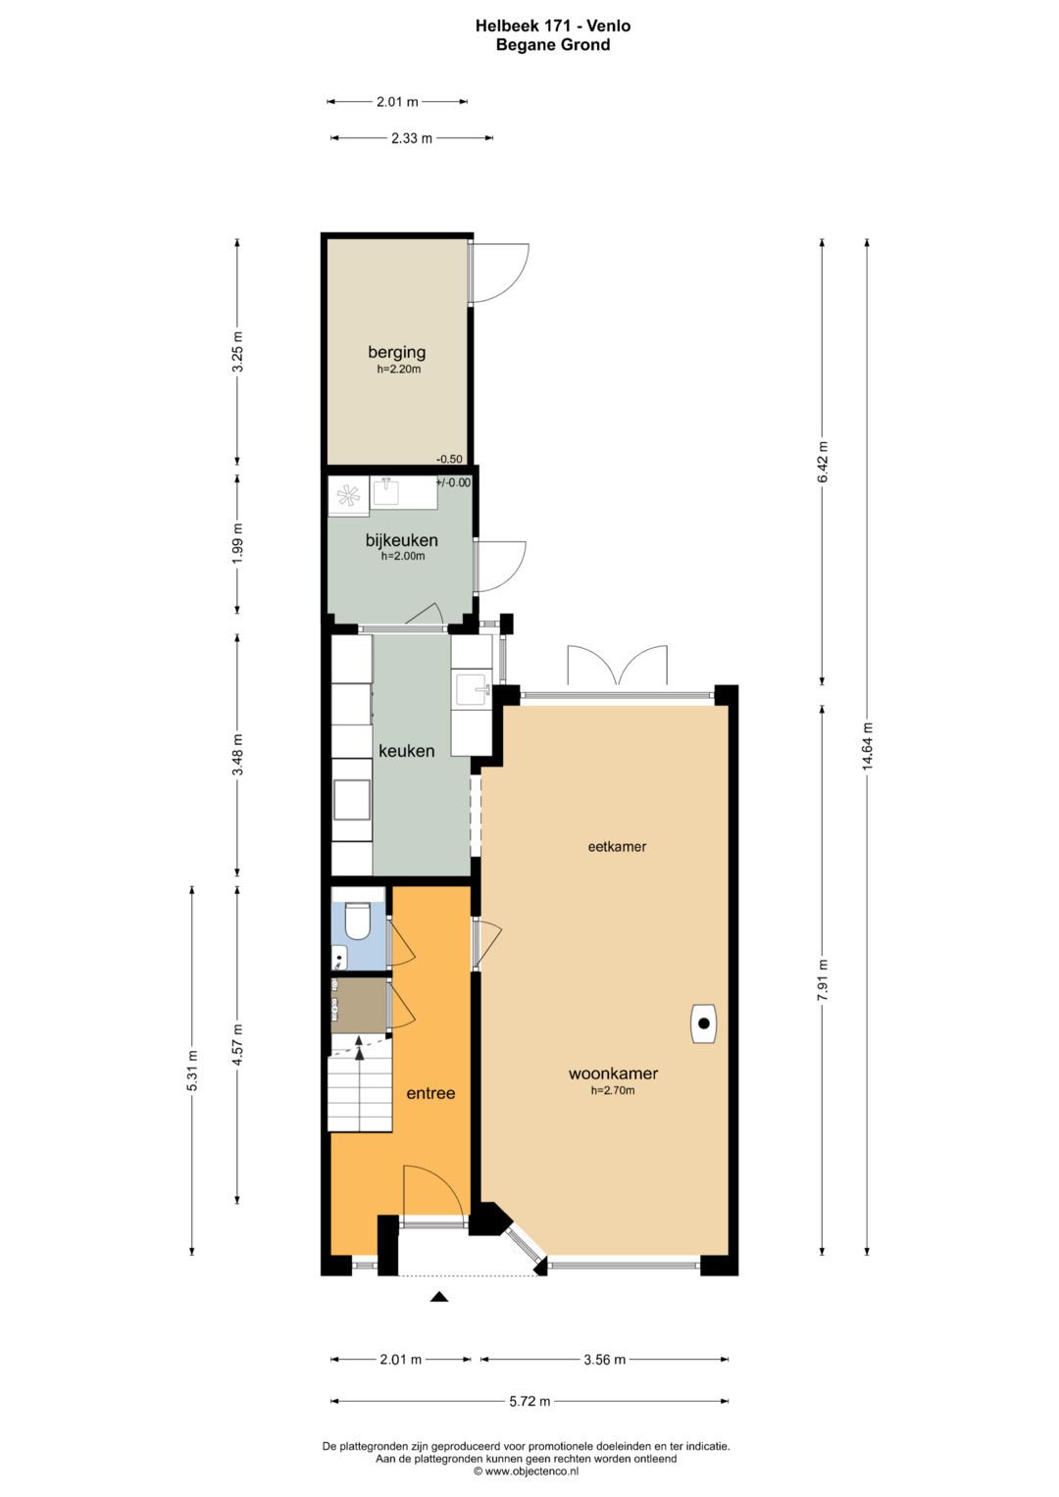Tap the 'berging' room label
click(x=396, y=352)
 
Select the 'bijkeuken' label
click(x=402, y=540)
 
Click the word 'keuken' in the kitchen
click(x=407, y=751)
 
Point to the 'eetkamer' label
click(x=617, y=847)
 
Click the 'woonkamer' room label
click(x=613, y=1073)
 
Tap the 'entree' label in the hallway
click(x=430, y=1093)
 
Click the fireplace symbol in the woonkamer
click(x=703, y=1023)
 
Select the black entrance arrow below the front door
click(x=438, y=1297)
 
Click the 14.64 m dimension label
click(x=867, y=746)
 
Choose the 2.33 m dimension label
click(x=412, y=138)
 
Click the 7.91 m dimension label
click(x=823, y=979)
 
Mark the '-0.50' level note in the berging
click(x=449, y=459)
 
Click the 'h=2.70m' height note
click(x=613, y=1091)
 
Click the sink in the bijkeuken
click(x=386, y=492)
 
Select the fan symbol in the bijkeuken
click(x=348, y=496)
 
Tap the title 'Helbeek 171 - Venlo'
click(x=553, y=26)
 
